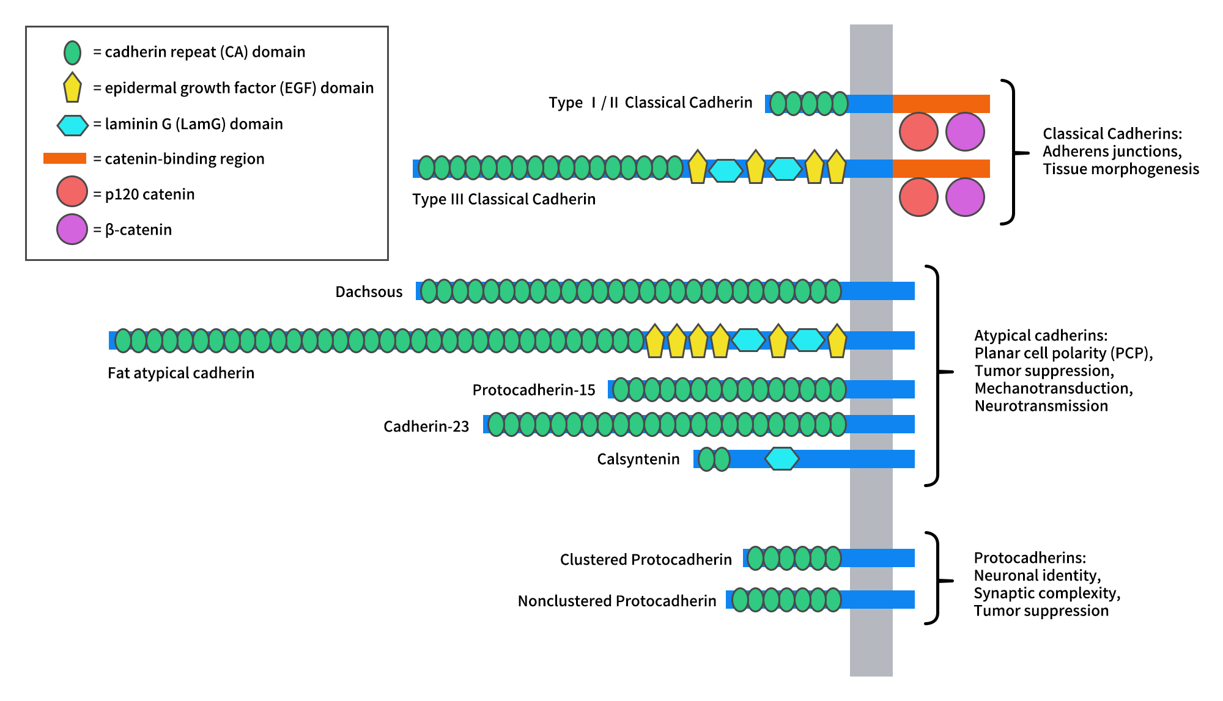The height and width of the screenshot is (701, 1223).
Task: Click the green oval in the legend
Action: click(x=72, y=53)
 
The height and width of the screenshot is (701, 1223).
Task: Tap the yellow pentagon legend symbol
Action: click(x=72, y=87)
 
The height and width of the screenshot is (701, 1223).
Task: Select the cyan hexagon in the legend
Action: click(x=72, y=125)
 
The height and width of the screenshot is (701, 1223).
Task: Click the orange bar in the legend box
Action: click(x=64, y=158)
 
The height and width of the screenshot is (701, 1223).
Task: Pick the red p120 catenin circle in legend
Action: click(x=72, y=192)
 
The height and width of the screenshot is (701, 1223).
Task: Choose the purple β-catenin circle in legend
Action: click(x=72, y=229)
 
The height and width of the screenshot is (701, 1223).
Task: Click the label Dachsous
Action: click(x=369, y=292)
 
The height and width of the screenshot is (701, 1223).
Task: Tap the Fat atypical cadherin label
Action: click(x=180, y=373)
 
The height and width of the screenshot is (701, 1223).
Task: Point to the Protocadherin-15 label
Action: click(x=533, y=390)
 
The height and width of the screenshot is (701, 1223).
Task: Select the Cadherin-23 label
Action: click(x=426, y=426)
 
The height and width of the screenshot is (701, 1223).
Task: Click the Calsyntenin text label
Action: click(x=638, y=459)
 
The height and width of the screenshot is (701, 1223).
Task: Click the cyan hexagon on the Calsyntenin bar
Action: click(x=782, y=458)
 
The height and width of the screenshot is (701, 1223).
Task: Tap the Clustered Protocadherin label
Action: click(x=646, y=559)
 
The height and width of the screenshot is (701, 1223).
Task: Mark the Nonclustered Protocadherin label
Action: click(x=616, y=601)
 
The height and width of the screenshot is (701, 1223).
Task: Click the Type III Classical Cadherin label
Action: click(x=503, y=199)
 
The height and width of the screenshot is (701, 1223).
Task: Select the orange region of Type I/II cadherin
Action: click(x=940, y=104)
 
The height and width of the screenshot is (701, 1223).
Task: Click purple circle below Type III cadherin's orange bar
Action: click(x=965, y=197)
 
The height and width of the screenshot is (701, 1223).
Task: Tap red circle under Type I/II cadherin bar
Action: click(x=918, y=131)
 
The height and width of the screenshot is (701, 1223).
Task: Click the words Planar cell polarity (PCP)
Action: click(x=1063, y=353)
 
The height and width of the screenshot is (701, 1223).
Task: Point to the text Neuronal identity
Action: click(x=1037, y=575)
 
